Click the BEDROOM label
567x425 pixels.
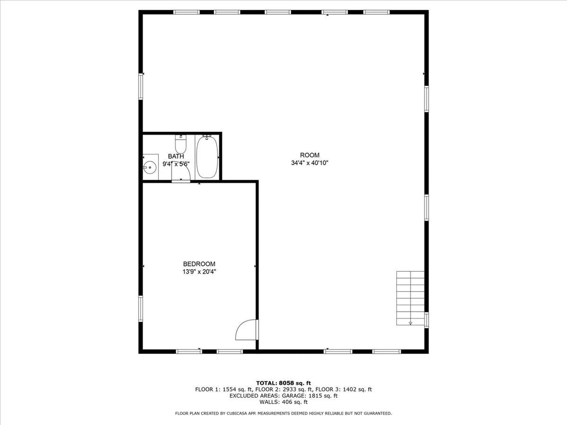point(199,264)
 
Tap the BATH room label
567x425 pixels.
point(176,156)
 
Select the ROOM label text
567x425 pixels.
point(309,155)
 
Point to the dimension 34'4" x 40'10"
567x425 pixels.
point(309,163)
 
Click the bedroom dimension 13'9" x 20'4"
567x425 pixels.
point(199,272)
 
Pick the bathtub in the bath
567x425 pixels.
point(207,157)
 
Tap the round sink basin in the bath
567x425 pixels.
point(150,168)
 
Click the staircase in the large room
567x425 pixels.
point(410,298)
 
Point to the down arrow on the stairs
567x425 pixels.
point(410,323)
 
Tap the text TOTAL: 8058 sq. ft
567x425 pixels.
point(283,383)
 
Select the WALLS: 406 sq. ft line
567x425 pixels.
point(283,402)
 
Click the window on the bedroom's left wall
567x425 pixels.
point(141,309)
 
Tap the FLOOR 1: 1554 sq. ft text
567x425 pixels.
point(223,390)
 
